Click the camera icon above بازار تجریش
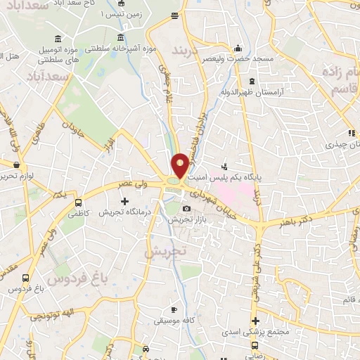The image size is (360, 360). [x=186, y=209]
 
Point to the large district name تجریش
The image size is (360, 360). [x=166, y=250]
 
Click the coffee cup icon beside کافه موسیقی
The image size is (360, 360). [x=174, y=309]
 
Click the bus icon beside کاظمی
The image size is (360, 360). [x=78, y=203]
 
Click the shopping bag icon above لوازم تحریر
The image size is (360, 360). [x=15, y=165]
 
